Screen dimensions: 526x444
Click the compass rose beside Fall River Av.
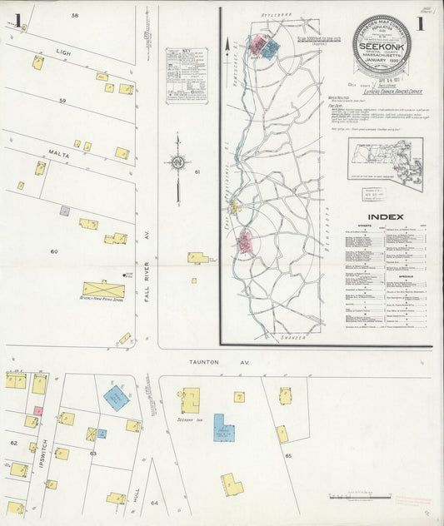(177, 162)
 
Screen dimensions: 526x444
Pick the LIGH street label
(62, 51)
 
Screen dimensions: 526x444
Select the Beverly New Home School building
(103, 290)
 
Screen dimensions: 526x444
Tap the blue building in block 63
(116, 397)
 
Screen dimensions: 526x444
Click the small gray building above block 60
(65, 211)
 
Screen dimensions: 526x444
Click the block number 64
(154, 504)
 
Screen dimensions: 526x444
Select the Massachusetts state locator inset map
(385, 162)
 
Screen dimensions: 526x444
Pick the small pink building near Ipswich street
(37, 411)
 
